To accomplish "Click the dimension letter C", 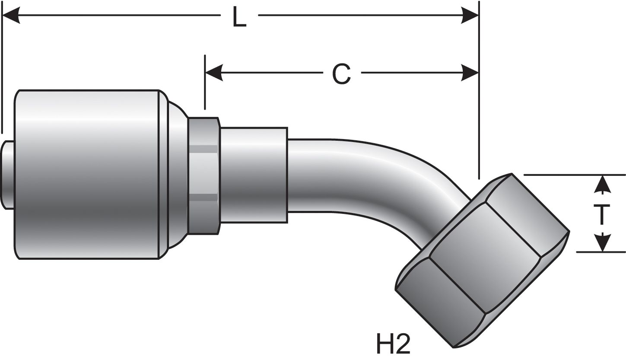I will pyautogui.click(x=341, y=73).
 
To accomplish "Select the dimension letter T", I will pyautogui.click(x=602, y=215).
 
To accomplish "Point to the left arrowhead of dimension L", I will pyautogui.click(x=11, y=15).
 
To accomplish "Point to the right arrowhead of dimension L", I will pyautogui.click(x=470, y=15).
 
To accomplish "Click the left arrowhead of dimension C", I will pyautogui.click(x=214, y=73).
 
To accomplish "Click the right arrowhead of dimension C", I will pyautogui.click(x=470, y=73).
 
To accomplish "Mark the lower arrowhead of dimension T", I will pyautogui.click(x=602, y=243).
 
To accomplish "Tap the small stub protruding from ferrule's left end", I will pyautogui.click(x=7, y=175).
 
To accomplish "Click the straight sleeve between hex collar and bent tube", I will pyautogui.click(x=254, y=175).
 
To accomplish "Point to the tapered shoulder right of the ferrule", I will pyautogui.click(x=177, y=175).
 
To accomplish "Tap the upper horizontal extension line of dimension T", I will pyautogui.click(x=575, y=175).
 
